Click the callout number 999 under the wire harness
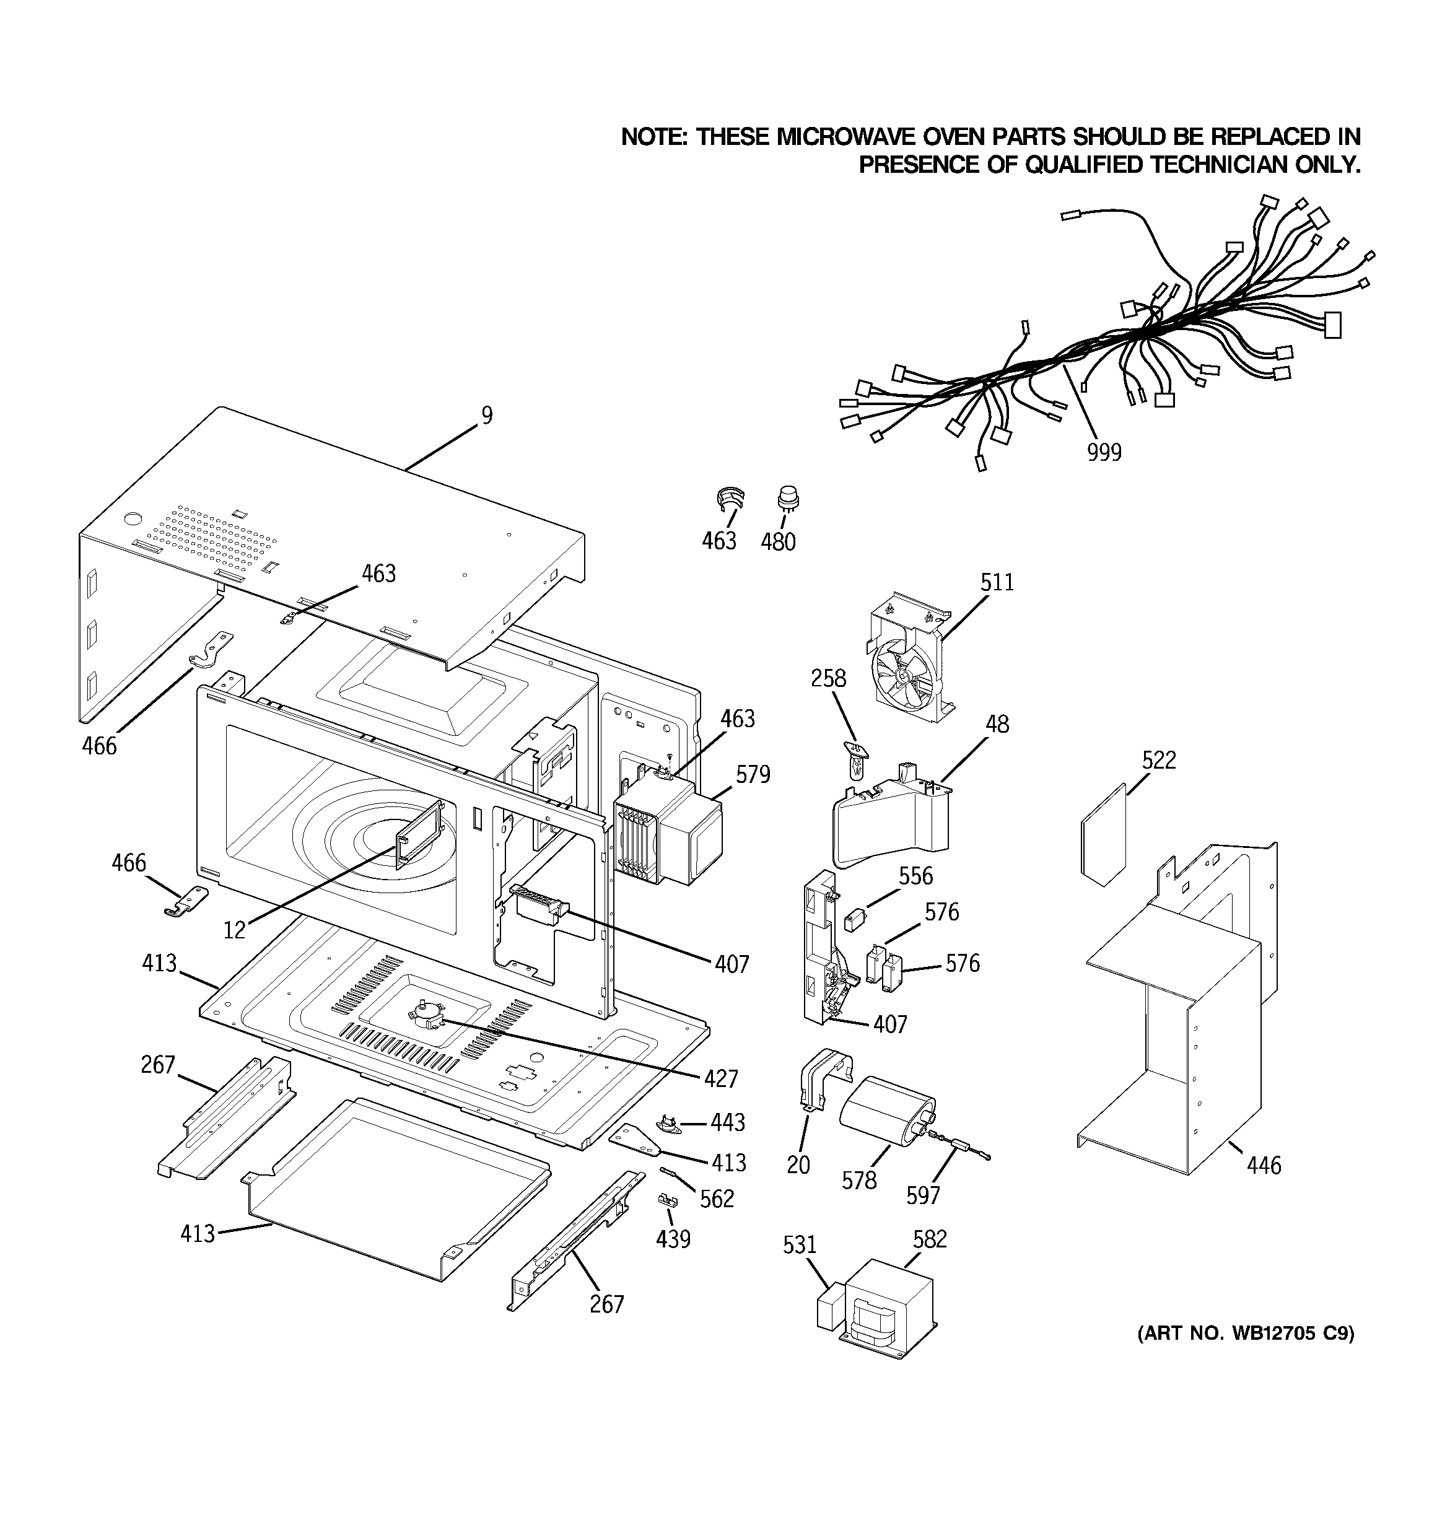coord(1104,453)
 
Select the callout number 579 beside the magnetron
coord(752,774)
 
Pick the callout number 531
coord(799,1244)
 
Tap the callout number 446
coord(1264,1165)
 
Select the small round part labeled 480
coord(787,499)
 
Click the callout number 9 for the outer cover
coord(487,416)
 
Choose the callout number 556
coord(915,876)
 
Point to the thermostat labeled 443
coord(668,1123)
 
